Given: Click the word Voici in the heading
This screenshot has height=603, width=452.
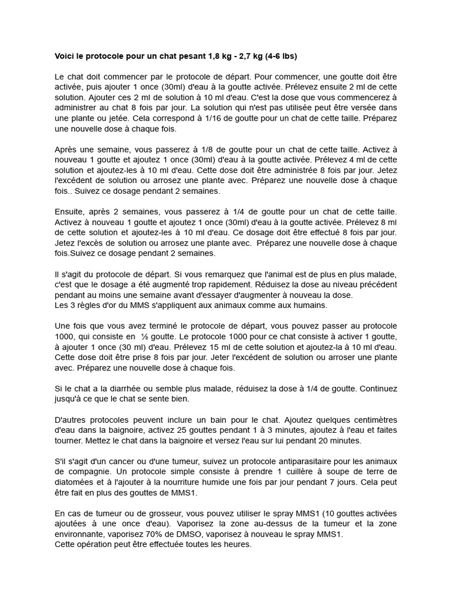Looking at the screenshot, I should [x=65, y=57].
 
